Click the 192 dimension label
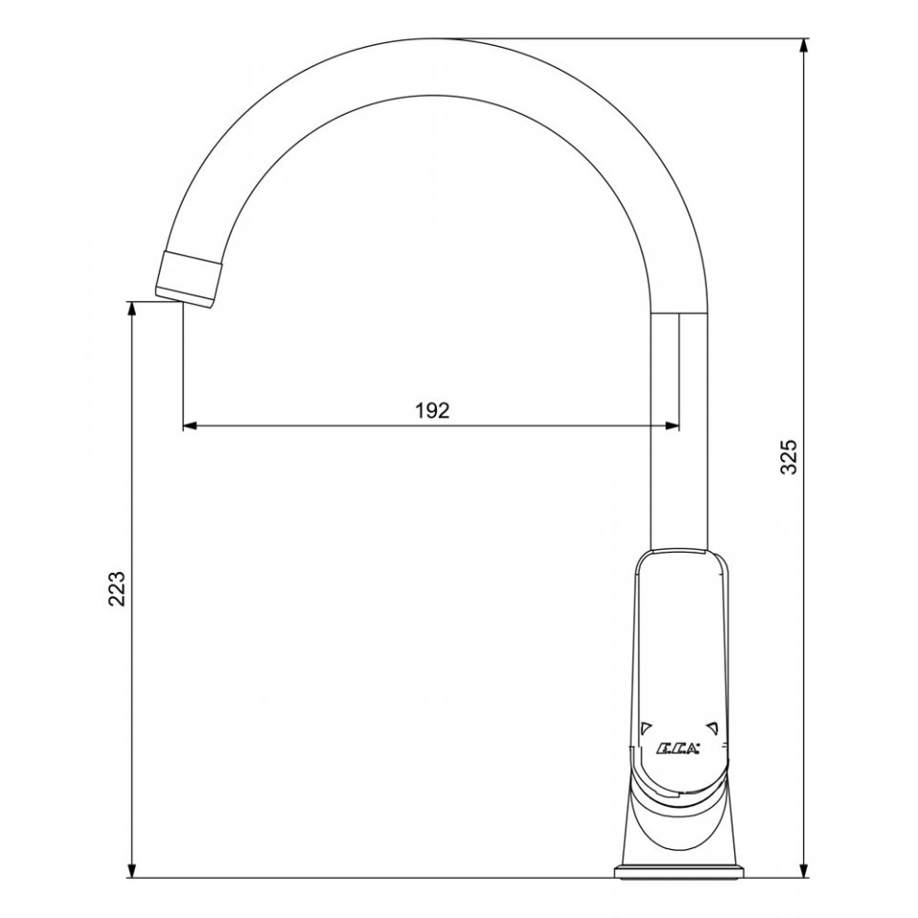(432, 410)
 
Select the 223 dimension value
(117, 588)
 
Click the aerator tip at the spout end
(188, 278)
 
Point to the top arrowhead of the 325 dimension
(804, 48)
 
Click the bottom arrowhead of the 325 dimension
(804, 868)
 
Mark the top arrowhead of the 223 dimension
(132, 312)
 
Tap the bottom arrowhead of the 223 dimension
(132, 868)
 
